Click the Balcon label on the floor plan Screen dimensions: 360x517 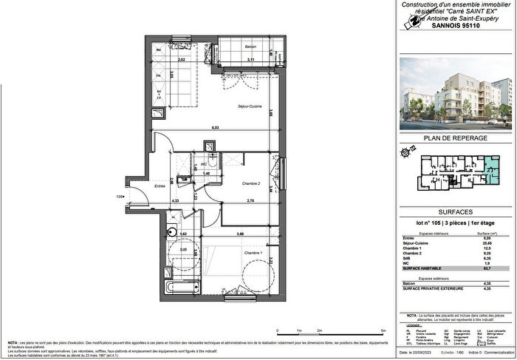pos(250,47)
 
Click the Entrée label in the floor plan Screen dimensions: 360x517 pos(159,186)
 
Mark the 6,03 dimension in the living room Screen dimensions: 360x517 pos(215,129)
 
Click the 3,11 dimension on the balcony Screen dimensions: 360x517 pos(250,59)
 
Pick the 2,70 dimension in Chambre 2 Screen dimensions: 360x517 pos(250,200)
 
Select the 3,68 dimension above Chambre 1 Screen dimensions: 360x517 pos(240,234)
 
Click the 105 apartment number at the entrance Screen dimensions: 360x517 pos(118,197)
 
